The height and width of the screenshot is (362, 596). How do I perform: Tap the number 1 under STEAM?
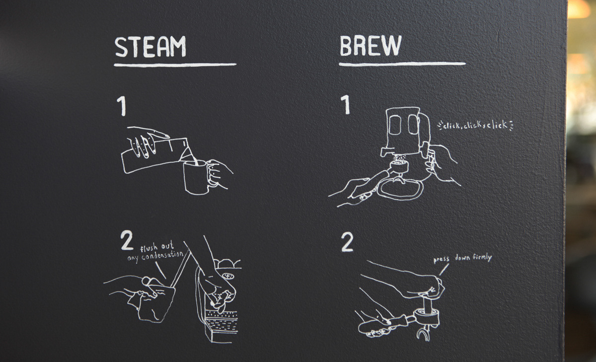click(122, 106)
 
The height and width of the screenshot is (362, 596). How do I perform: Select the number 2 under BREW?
click(347, 242)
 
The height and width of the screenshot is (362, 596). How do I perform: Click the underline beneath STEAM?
click(175, 64)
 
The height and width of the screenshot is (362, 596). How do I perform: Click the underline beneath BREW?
click(402, 64)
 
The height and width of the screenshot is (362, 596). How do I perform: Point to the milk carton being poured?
click(149, 151)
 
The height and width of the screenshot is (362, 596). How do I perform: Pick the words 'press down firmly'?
click(462, 258)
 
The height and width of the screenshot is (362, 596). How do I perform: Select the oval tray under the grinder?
click(400, 188)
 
